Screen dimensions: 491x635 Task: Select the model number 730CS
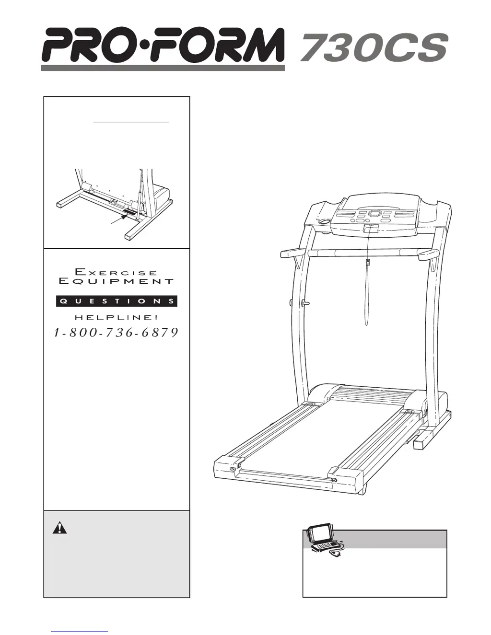pos(374,48)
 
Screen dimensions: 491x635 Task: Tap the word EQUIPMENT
pos(116,281)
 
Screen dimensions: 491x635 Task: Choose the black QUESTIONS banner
pos(117,301)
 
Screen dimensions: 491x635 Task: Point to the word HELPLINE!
pos(116,317)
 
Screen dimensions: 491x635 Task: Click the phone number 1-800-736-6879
pos(117,333)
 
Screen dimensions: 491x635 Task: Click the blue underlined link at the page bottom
pos(79,631)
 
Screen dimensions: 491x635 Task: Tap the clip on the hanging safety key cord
pos(368,262)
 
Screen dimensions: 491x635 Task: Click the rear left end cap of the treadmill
pos(228,467)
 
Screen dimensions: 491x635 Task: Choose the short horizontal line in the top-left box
pos(131,122)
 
